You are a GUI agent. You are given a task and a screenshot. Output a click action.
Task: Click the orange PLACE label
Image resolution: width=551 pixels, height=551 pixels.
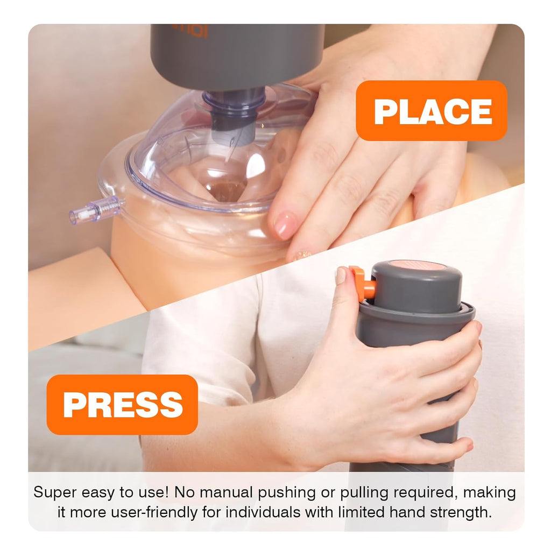[x=432, y=111]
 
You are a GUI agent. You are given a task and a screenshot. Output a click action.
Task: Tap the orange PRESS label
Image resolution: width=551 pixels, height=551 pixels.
[x=122, y=405]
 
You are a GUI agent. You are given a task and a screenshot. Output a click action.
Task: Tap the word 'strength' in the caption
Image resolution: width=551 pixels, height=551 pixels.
[x=462, y=511]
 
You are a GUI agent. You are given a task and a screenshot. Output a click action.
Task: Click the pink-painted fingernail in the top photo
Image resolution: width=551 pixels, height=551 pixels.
[x=285, y=225]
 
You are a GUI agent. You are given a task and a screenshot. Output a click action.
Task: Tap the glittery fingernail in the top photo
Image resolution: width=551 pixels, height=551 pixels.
[x=302, y=253]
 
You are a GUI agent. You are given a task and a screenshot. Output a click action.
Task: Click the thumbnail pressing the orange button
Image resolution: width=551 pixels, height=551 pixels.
[x=341, y=275]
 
